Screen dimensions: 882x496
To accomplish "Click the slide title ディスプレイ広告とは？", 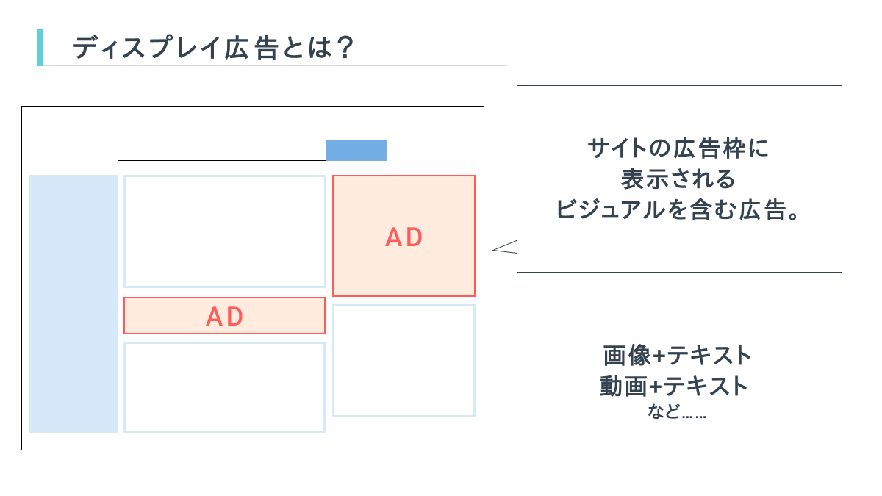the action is coord(213,48).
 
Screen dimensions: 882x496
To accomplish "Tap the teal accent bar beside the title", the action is coord(40,48).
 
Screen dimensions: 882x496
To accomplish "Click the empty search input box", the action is coord(221,150).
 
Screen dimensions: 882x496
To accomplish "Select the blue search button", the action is coord(356,150).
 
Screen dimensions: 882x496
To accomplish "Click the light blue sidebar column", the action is coord(73,303).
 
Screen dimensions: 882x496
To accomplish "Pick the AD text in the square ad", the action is coord(404,237).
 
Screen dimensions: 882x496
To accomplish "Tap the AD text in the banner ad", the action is coord(225,316).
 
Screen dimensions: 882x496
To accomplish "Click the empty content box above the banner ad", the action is coord(224,231).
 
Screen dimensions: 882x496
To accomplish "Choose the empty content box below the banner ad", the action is coord(224,387).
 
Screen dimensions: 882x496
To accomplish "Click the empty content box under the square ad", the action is coord(404,361).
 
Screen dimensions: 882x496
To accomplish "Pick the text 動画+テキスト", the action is coord(674,386).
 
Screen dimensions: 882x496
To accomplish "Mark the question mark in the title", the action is coord(344,48).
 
